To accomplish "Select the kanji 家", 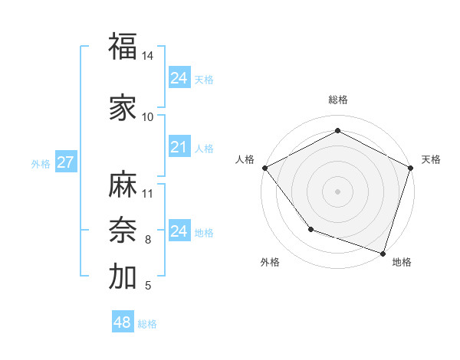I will click(x=123, y=109).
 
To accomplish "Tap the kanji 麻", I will click(x=123, y=185).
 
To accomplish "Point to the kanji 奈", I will click(x=123, y=230).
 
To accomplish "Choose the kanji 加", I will click(x=123, y=277).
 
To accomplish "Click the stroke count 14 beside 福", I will click(x=148, y=56).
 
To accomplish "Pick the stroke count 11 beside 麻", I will click(x=148, y=193).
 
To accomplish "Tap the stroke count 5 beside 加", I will click(x=148, y=286).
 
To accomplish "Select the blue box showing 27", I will click(x=65, y=162).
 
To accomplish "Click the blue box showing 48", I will click(x=122, y=322).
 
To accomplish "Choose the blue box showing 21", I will click(x=179, y=147).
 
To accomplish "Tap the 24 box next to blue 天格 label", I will click(x=179, y=78).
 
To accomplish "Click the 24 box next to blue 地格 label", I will click(x=179, y=231).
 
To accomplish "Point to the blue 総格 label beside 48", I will click(x=147, y=324).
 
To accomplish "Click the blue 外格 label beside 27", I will click(x=41, y=163).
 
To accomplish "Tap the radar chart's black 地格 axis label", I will click(x=402, y=262).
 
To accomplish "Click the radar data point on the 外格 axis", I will click(x=310, y=229).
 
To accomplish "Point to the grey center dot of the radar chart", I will click(x=337, y=191).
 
